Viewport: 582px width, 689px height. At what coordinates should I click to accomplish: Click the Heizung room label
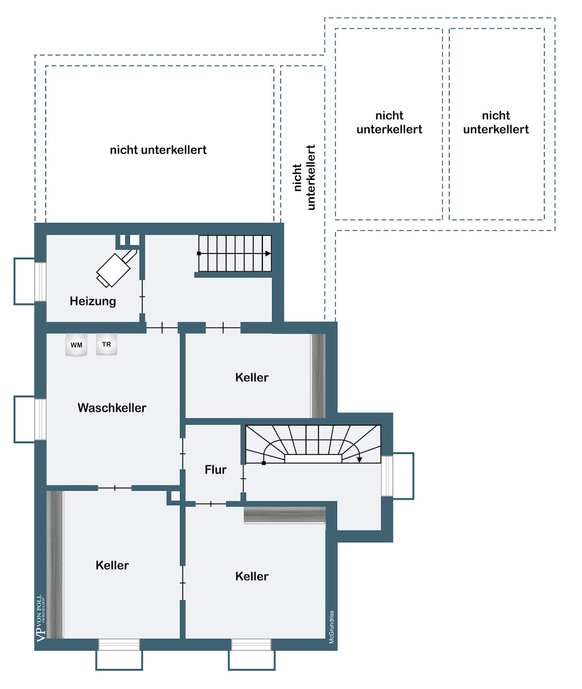click(93, 301)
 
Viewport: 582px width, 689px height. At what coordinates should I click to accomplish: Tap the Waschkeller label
click(112, 408)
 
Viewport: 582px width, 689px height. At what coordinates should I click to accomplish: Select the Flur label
click(216, 470)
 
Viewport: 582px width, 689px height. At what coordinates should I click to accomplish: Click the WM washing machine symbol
click(76, 345)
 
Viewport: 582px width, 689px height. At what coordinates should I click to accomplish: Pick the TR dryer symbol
click(106, 344)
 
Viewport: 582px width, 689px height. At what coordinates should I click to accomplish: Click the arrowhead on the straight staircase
click(268, 254)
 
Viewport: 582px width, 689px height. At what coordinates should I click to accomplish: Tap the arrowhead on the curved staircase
click(360, 460)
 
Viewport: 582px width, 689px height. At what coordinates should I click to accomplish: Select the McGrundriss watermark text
click(332, 627)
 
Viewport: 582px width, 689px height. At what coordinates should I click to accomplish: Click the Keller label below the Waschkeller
click(112, 565)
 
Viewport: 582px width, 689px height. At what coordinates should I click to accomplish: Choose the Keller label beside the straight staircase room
click(252, 378)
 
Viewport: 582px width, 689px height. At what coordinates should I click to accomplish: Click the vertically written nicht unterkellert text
click(304, 177)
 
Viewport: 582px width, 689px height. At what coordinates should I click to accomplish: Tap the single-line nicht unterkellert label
click(158, 150)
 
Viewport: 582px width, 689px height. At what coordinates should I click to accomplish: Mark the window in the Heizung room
click(40, 282)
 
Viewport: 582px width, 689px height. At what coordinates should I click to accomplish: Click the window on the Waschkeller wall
click(40, 419)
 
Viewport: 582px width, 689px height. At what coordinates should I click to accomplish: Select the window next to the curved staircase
click(387, 475)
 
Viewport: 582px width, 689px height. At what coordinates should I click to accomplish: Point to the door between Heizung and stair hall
click(142, 296)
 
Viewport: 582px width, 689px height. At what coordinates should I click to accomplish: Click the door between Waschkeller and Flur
click(183, 454)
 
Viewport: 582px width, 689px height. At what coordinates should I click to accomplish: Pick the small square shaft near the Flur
click(175, 496)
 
